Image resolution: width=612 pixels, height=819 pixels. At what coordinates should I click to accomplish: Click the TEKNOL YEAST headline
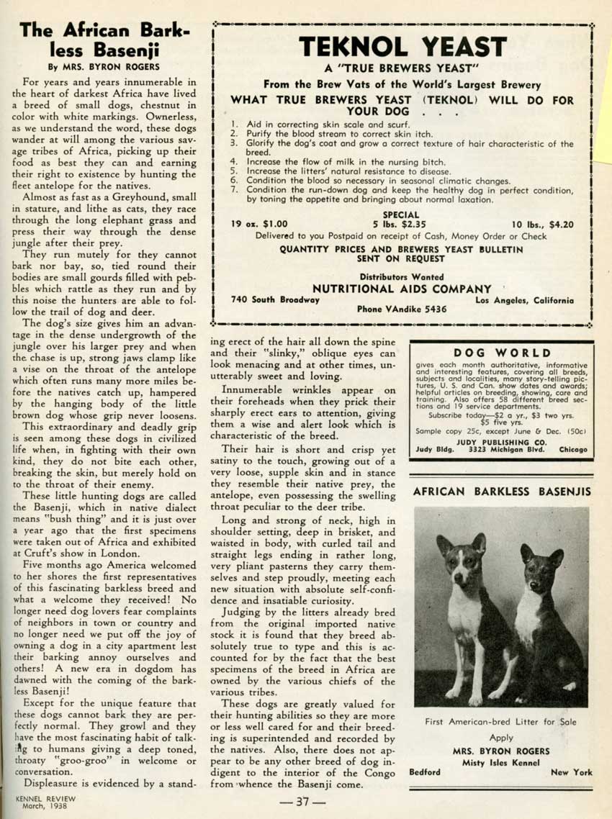[x=402, y=47]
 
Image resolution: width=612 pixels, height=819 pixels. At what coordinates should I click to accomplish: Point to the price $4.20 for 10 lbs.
[x=562, y=225]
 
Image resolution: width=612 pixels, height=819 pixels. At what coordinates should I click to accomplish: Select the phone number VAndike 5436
[x=402, y=309]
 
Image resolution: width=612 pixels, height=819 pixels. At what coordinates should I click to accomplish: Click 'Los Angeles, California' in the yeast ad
[x=524, y=299]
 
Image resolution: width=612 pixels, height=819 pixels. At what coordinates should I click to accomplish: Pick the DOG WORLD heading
[x=503, y=353]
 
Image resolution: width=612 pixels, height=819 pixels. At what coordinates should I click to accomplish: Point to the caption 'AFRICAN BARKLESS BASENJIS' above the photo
[x=502, y=492]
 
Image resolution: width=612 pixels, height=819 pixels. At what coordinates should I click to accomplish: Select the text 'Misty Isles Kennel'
[x=501, y=761]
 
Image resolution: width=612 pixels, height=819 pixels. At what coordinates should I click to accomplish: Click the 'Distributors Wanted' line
[x=402, y=276]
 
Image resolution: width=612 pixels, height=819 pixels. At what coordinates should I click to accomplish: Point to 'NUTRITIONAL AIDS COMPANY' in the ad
[x=402, y=289]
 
